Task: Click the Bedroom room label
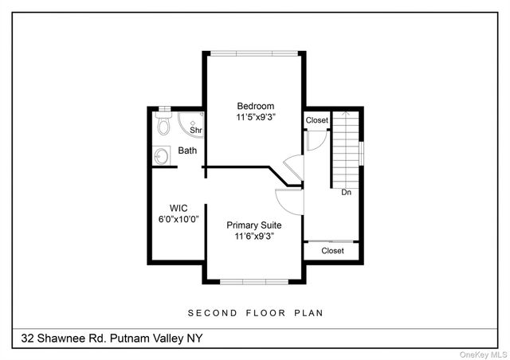tap(255, 106)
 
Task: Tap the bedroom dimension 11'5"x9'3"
tap(255, 118)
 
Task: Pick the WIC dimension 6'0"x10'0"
tap(178, 219)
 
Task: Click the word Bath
tap(187, 151)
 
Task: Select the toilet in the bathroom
tap(164, 126)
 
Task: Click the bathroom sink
tap(163, 155)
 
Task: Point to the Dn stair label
tap(346, 193)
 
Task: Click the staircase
tap(346, 147)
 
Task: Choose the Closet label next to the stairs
tap(316, 120)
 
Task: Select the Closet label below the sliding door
tap(332, 251)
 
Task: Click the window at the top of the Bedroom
tap(255, 53)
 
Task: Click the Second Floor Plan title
tap(255, 313)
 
